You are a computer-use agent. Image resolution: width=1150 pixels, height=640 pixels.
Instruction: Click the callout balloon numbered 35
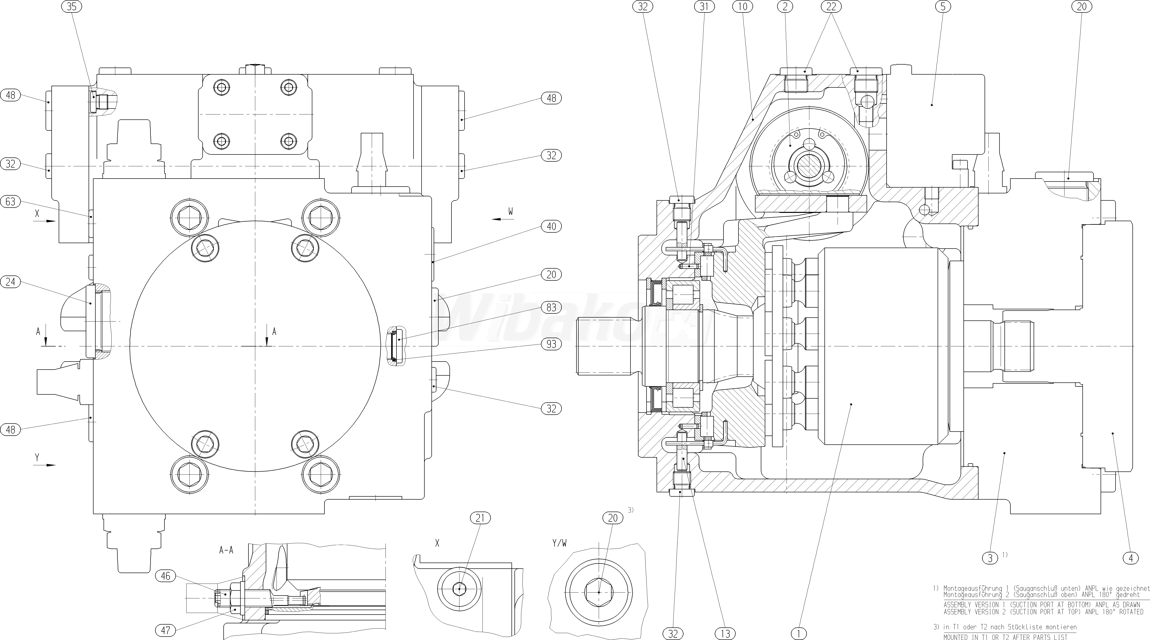71,7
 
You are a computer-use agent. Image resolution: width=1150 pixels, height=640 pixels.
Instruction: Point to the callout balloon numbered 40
551,226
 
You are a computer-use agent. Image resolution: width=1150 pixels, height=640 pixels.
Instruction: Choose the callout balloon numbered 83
551,307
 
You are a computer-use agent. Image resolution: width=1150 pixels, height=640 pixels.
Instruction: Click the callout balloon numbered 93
551,344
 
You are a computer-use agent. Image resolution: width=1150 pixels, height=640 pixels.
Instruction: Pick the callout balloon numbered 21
480,518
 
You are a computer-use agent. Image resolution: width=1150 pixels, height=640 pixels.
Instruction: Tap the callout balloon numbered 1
799,633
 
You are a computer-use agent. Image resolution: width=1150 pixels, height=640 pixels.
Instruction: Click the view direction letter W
510,212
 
